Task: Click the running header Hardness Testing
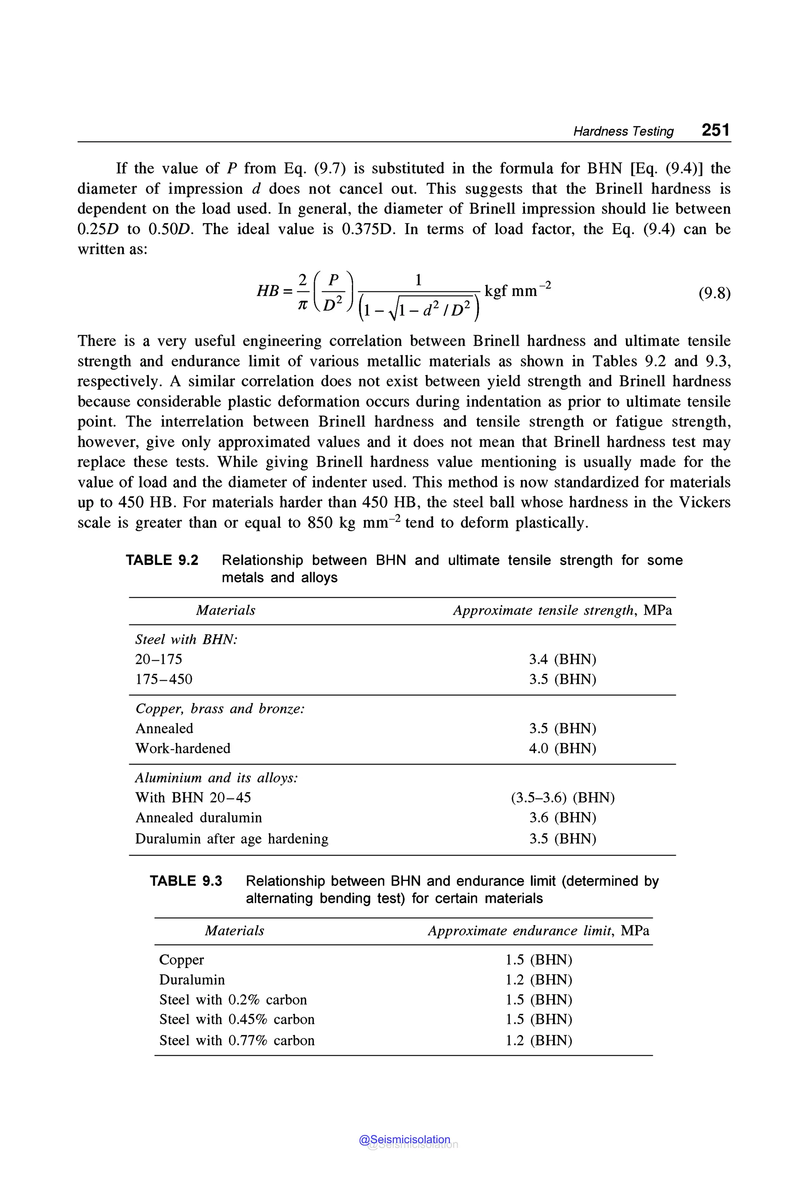point(623,131)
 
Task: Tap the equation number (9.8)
point(714,293)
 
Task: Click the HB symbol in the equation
point(268,291)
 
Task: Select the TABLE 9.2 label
point(162,560)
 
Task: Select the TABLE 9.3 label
point(186,881)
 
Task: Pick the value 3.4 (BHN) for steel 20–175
point(563,660)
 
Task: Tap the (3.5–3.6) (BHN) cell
point(563,798)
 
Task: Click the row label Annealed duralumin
point(199,818)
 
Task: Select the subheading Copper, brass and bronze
point(220,709)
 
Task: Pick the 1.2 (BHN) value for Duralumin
point(539,980)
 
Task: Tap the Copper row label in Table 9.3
point(182,960)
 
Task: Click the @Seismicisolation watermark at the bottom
point(405,1140)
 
